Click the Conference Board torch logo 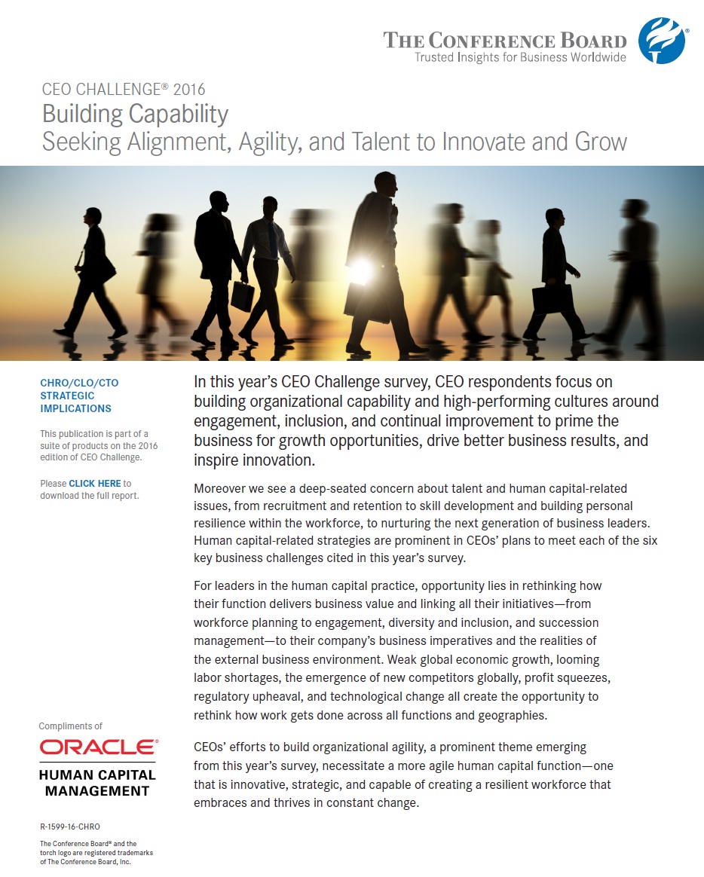pyautogui.click(x=661, y=40)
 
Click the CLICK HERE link pyautogui.click(x=95, y=483)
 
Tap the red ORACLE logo pyautogui.click(x=99, y=747)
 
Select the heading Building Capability pyautogui.click(x=135, y=114)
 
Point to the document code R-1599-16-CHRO pyautogui.click(x=70, y=827)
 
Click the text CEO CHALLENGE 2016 pyautogui.click(x=124, y=90)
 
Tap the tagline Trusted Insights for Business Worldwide pyautogui.click(x=520, y=57)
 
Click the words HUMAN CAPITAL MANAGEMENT pyautogui.click(x=98, y=783)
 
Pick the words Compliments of pyautogui.click(x=71, y=726)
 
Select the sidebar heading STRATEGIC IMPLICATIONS pyautogui.click(x=75, y=402)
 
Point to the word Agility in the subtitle pyautogui.click(x=273, y=141)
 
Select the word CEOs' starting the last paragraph pyautogui.click(x=212, y=747)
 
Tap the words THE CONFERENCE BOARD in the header pyautogui.click(x=504, y=40)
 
